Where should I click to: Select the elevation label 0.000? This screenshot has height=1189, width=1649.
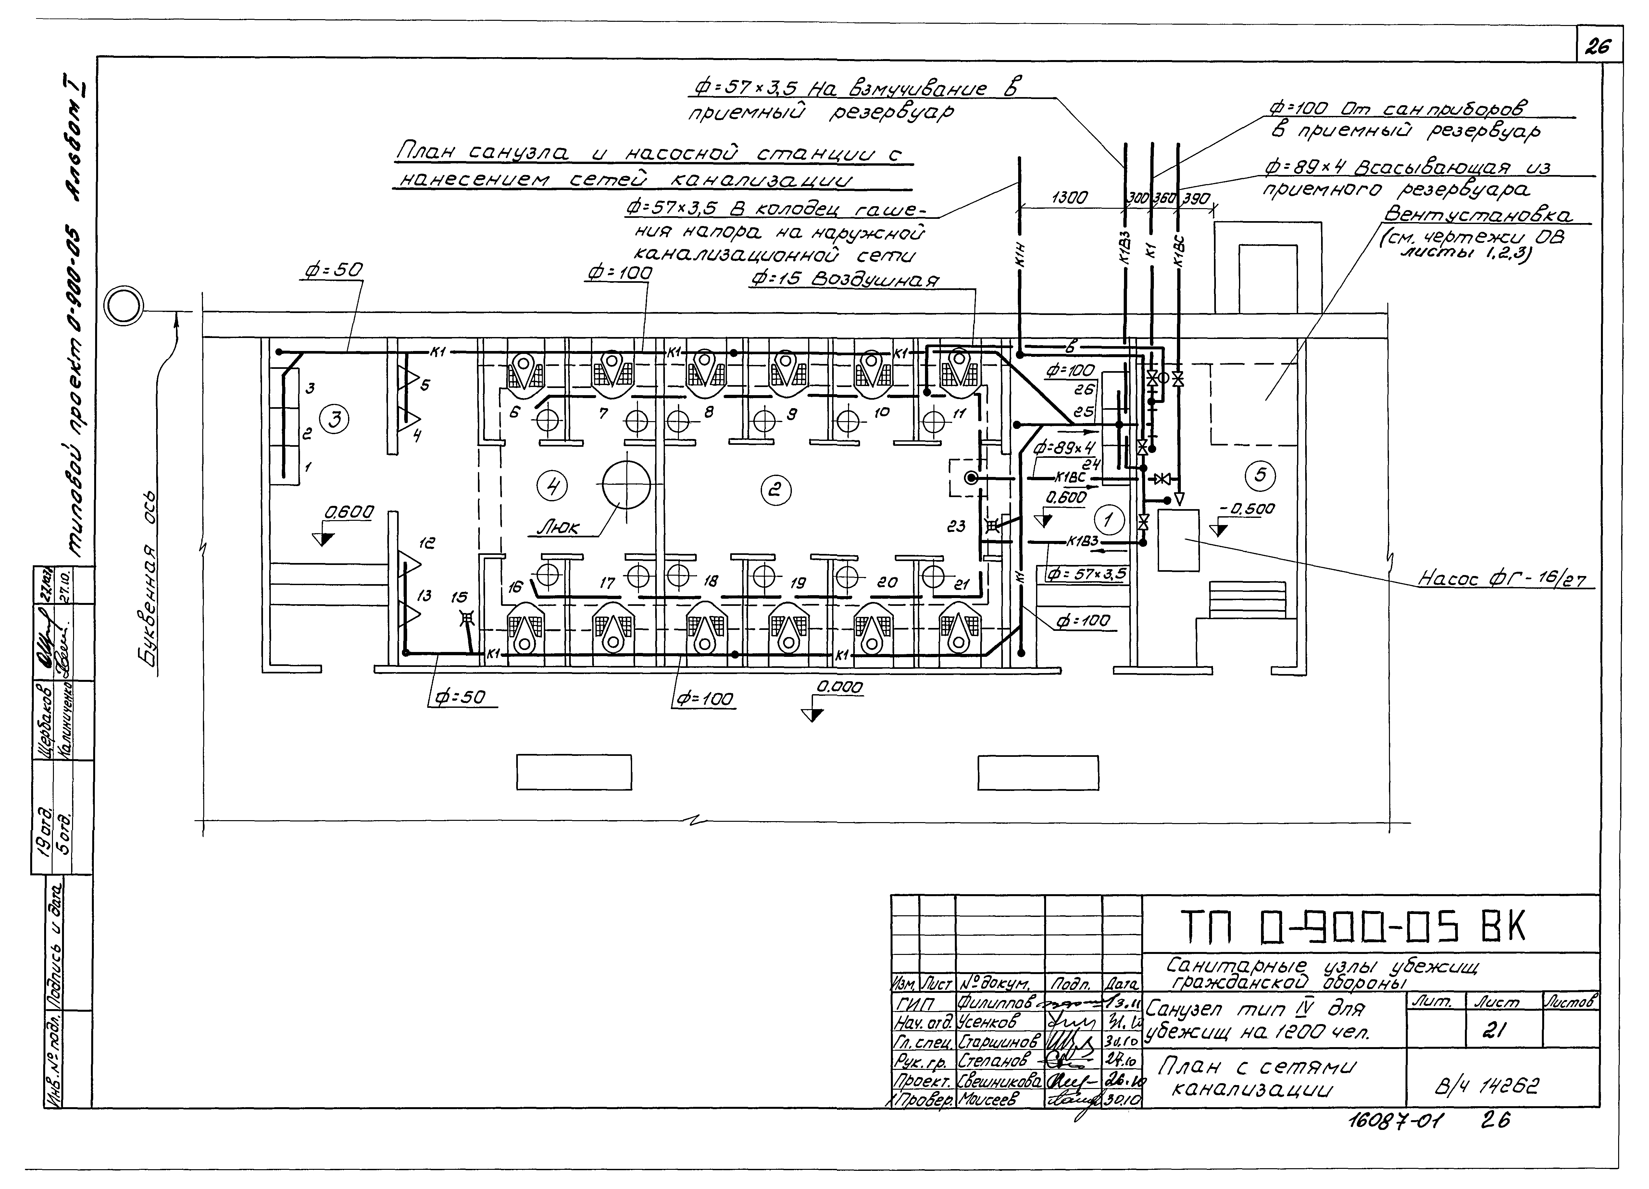840,687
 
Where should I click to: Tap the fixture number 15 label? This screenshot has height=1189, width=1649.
459,597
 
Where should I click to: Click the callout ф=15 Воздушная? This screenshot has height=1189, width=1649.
844,280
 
